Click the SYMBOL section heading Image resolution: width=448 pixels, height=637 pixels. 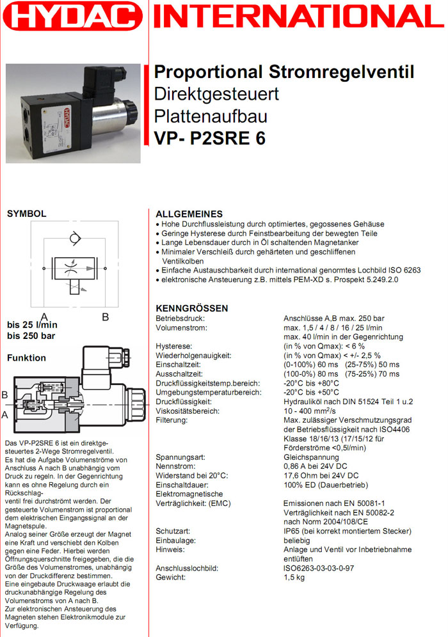point(26,214)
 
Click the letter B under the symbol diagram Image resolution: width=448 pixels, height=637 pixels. point(106,316)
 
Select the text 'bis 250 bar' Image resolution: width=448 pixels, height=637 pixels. point(31,336)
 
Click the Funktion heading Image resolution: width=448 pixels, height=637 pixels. point(26,358)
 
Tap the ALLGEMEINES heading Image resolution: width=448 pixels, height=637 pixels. point(189,214)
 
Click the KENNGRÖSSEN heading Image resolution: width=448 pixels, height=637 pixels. point(192,308)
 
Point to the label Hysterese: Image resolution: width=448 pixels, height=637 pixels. point(174,346)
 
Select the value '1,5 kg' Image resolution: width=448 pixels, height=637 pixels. point(294,578)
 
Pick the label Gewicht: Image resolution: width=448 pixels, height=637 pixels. point(171,578)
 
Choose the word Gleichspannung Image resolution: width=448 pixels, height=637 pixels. point(311,457)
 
